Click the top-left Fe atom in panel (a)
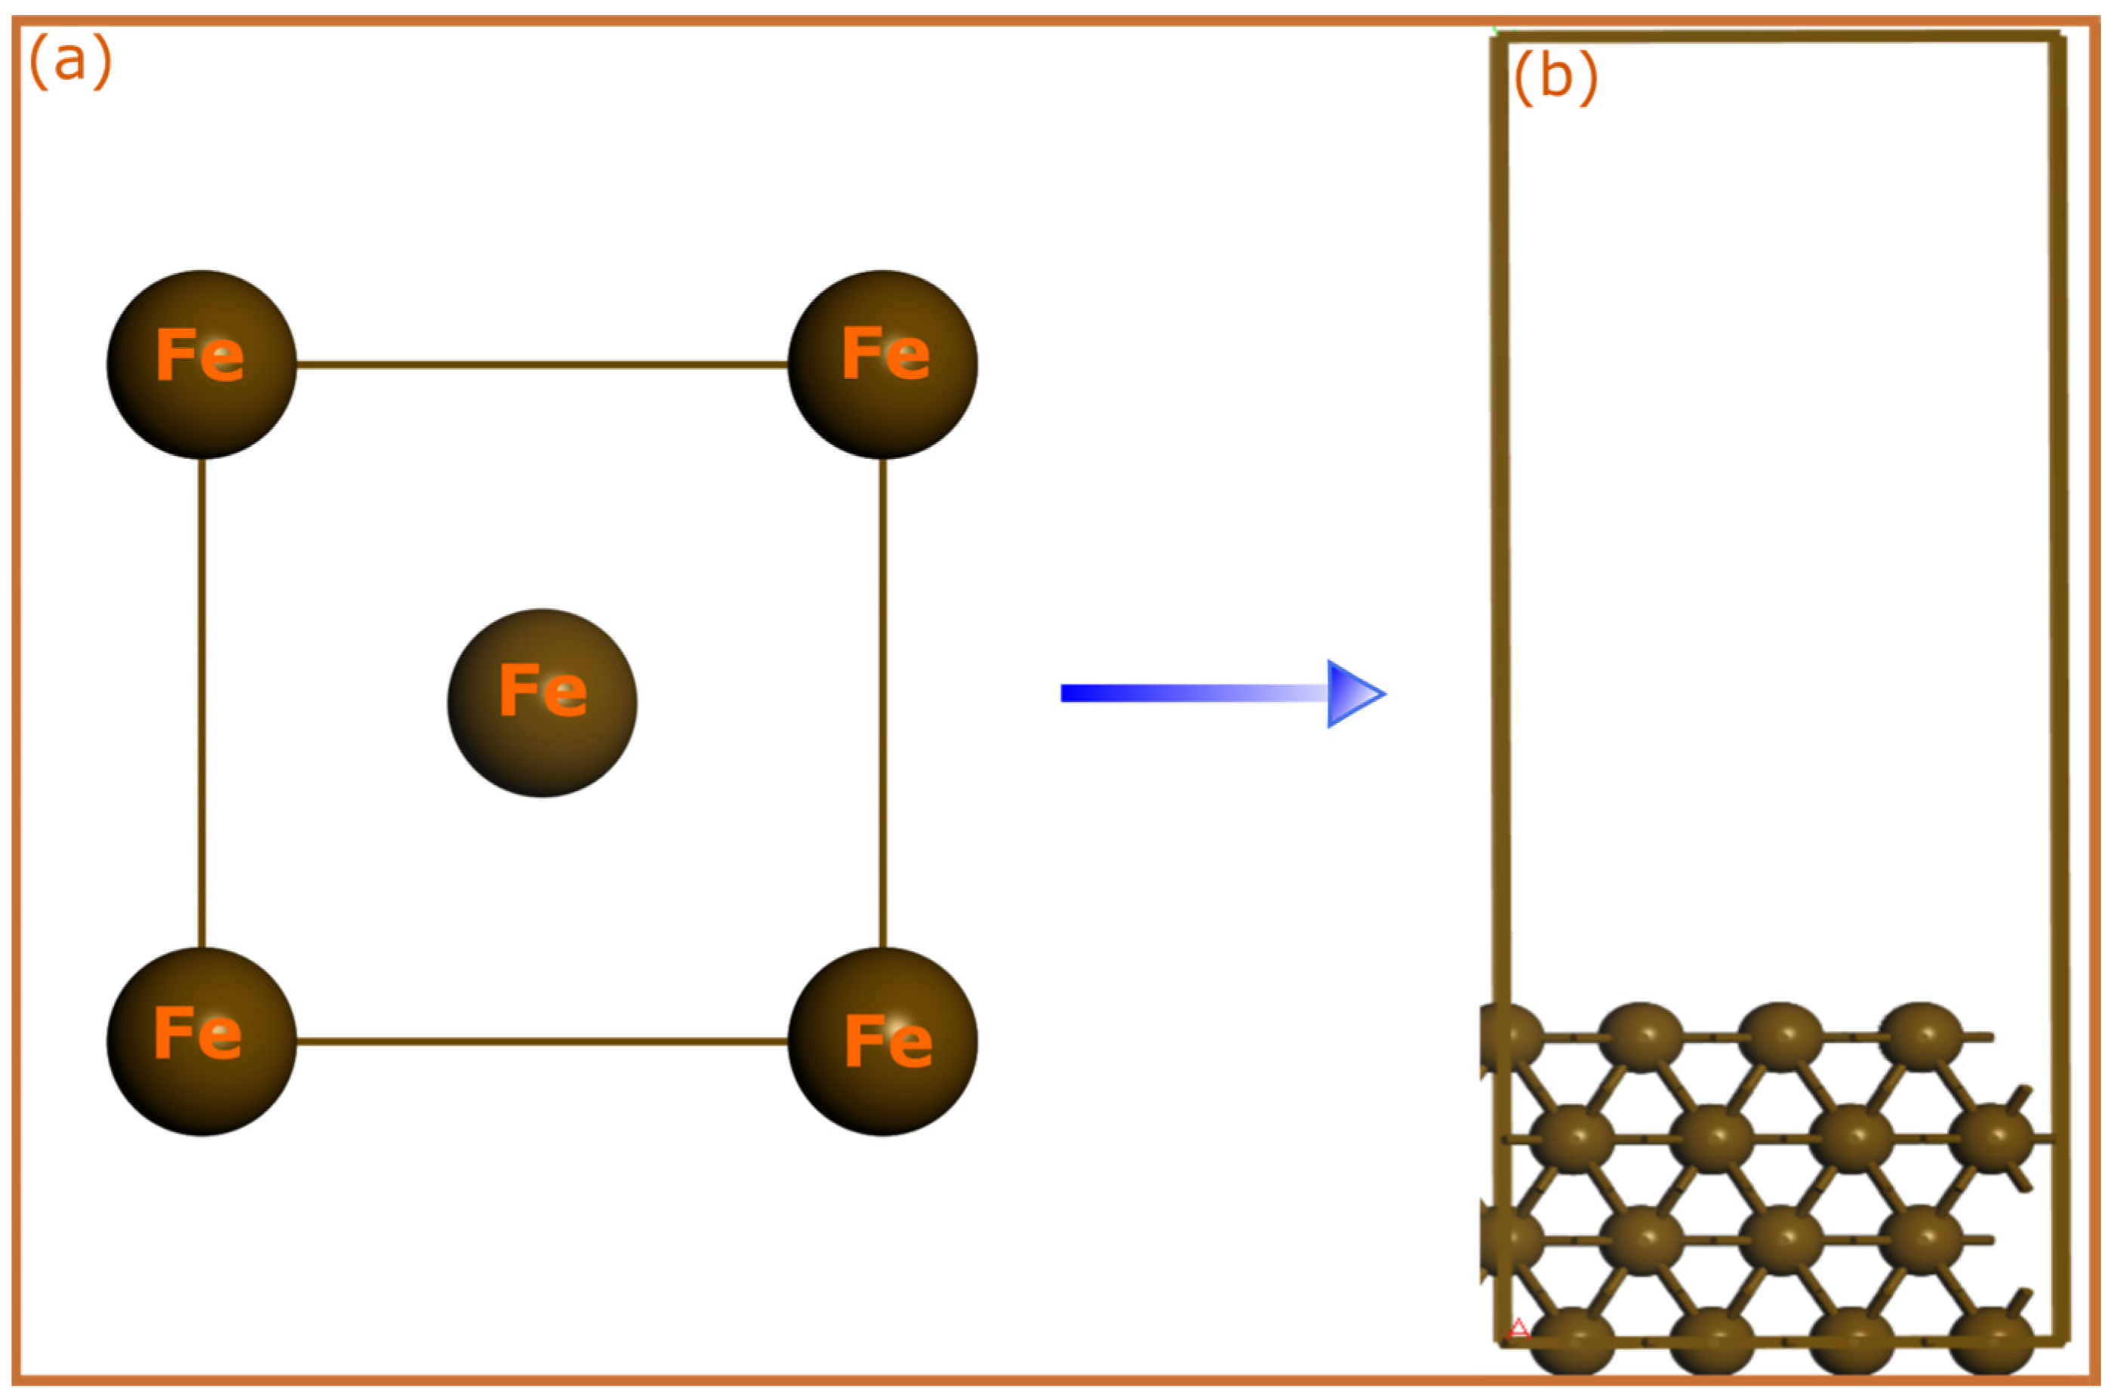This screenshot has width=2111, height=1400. click(x=202, y=365)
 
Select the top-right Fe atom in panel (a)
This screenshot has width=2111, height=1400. click(x=883, y=365)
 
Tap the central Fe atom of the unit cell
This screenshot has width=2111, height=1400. click(x=542, y=703)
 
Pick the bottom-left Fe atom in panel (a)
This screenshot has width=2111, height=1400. click(x=202, y=1041)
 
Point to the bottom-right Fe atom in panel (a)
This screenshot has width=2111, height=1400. click(x=883, y=1041)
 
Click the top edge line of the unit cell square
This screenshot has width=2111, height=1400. click(x=542, y=365)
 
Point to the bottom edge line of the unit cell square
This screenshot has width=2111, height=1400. click(x=542, y=1041)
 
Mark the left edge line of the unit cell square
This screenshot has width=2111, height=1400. click(x=202, y=703)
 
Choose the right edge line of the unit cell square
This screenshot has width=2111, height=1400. click(x=883, y=703)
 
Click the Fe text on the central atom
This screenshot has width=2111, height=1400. click(x=543, y=691)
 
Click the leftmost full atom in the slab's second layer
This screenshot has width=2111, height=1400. click(x=1572, y=1137)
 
